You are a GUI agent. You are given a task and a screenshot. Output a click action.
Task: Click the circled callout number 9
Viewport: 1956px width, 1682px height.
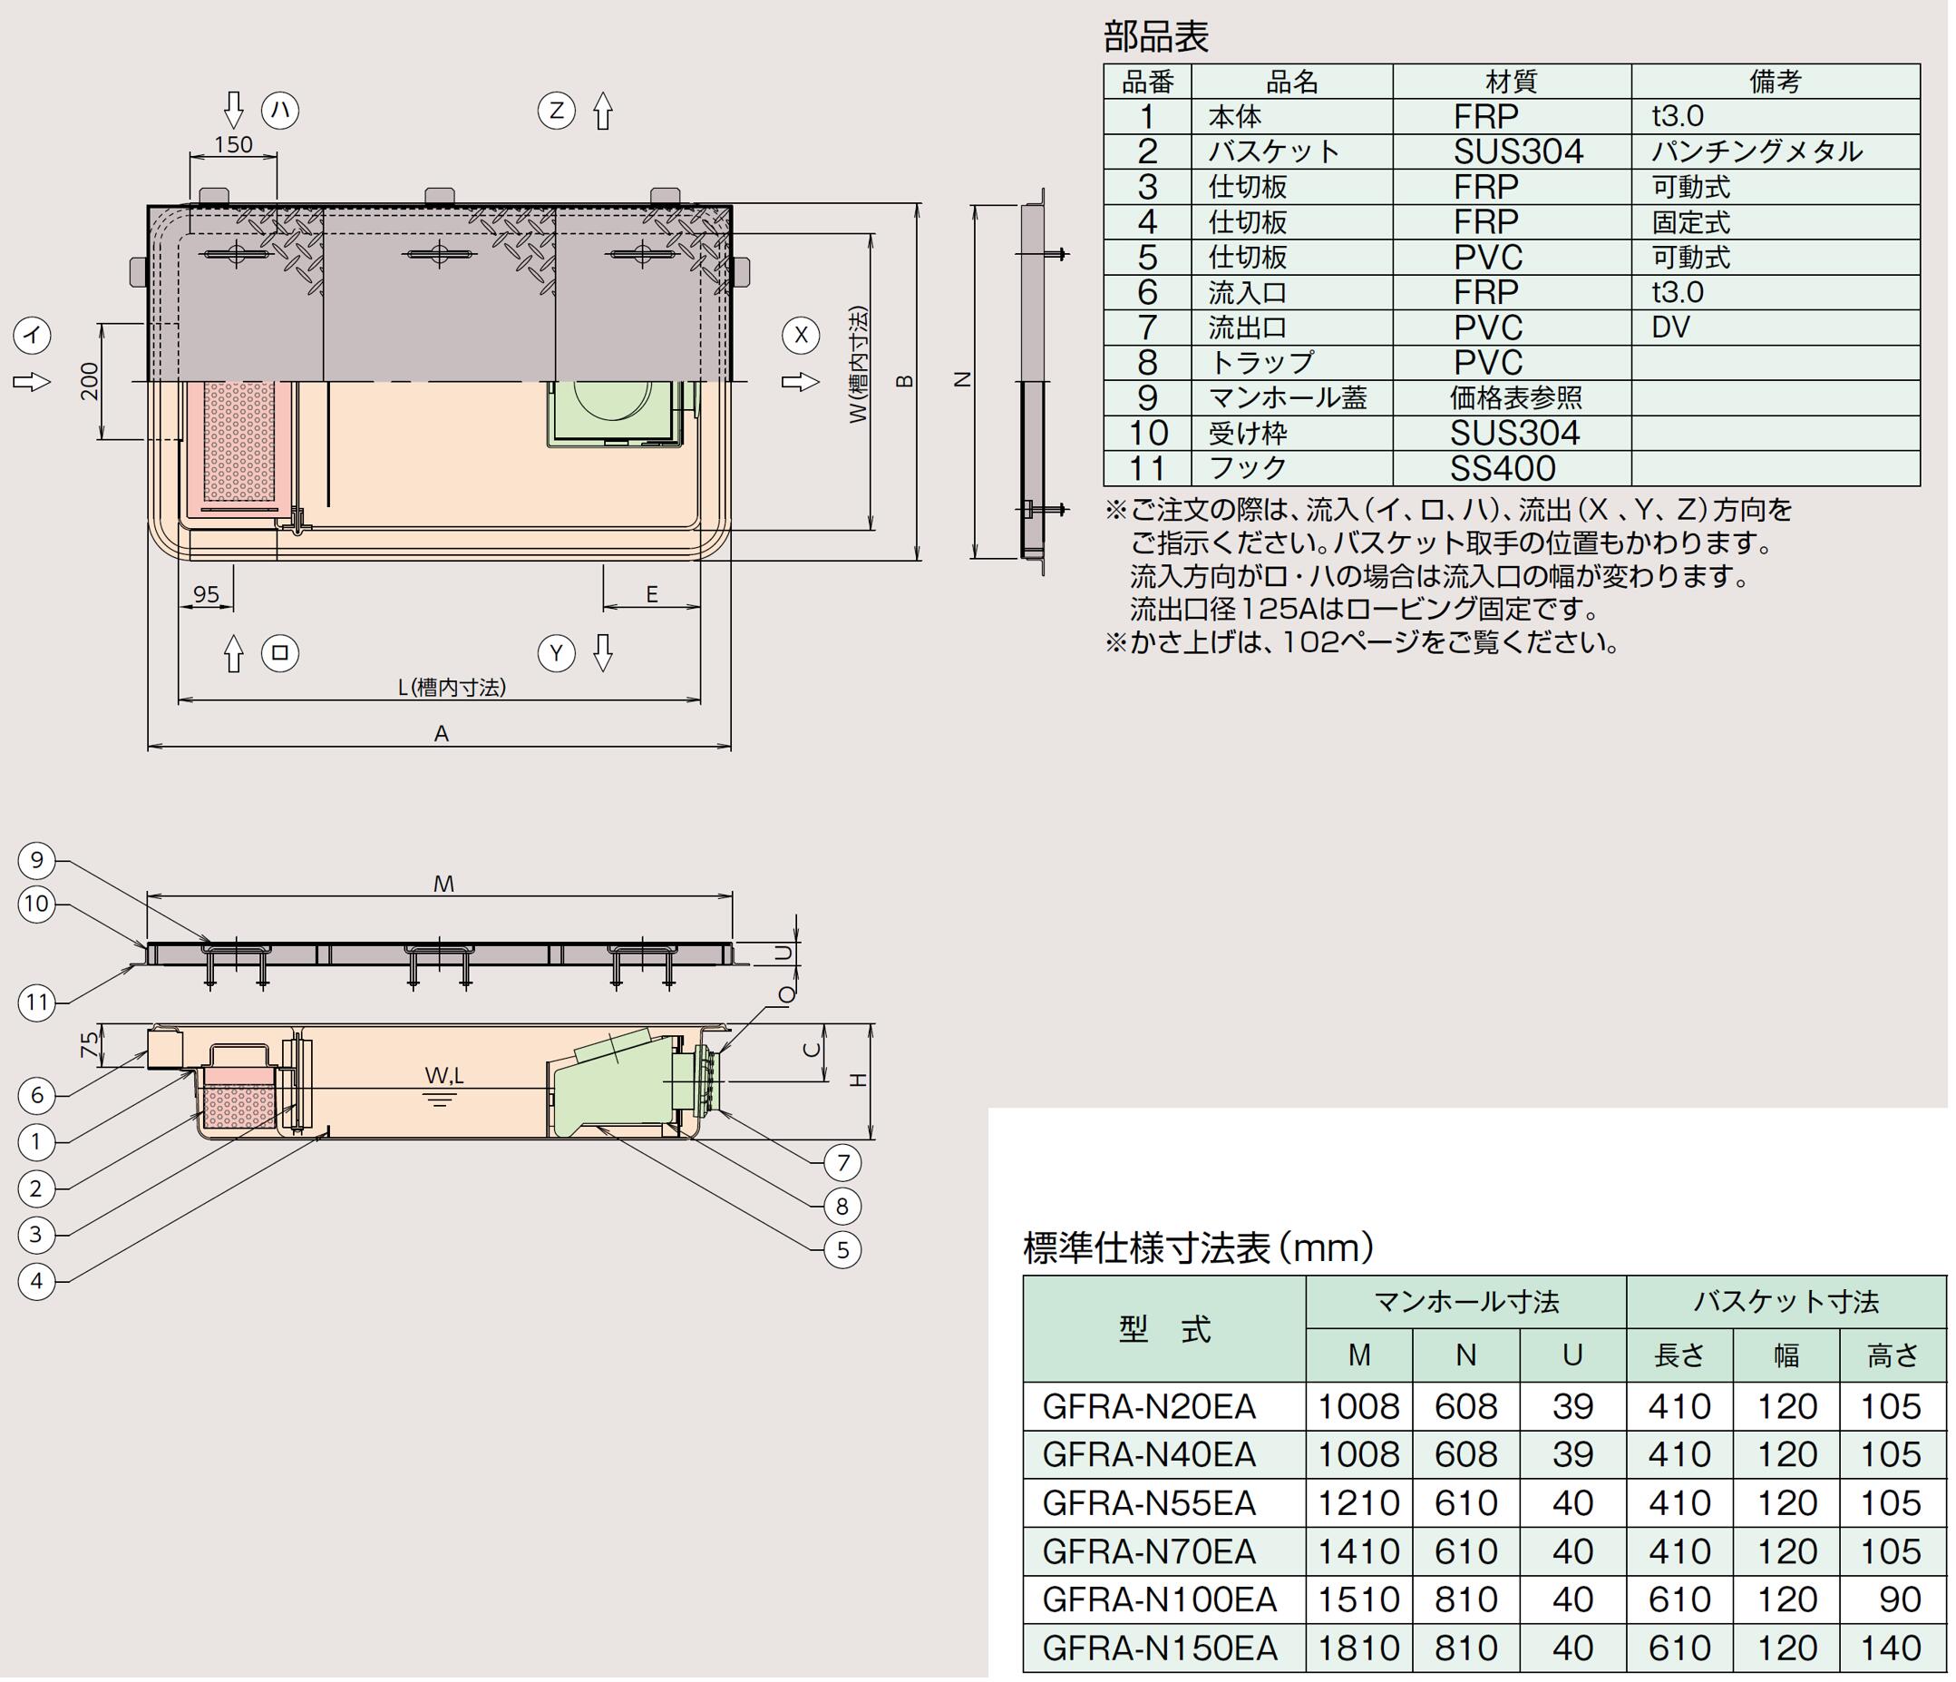37,859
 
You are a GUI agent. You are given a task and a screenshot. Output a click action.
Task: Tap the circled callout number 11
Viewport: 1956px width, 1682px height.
37,1001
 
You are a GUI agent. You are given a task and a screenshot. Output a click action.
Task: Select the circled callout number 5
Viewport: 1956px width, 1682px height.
842,1249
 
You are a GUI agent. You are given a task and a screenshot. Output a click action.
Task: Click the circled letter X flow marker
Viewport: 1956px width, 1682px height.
801,335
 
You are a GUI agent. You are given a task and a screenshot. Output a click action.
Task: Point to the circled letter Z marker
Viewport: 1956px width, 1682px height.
556,112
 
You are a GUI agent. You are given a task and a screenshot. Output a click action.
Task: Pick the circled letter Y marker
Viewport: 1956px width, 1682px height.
556,653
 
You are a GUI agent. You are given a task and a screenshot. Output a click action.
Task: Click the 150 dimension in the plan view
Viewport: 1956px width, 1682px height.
233,144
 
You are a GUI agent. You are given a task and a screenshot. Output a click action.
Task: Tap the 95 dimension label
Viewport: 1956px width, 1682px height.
206,594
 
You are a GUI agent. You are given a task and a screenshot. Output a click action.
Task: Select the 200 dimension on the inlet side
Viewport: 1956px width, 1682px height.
90,382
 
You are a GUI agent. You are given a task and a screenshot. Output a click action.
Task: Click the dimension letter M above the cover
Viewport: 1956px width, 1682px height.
443,884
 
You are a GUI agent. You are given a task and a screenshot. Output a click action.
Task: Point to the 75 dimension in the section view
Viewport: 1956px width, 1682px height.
88,1045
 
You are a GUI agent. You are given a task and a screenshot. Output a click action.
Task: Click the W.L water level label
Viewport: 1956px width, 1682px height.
443,1076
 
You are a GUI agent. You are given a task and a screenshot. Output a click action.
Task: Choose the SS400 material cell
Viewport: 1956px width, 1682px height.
1503,468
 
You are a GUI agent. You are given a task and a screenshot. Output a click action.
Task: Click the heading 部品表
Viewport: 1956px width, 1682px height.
1155,37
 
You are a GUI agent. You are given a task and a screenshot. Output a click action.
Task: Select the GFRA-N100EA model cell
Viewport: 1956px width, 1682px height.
1159,1599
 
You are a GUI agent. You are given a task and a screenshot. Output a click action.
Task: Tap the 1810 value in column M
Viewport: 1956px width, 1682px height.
1358,1648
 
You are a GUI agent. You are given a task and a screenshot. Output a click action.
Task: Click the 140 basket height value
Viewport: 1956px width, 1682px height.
1891,1648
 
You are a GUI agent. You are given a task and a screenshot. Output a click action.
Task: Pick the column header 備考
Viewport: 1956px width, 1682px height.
1775,83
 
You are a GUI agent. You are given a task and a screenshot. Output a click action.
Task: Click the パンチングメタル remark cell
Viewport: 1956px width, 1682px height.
1757,152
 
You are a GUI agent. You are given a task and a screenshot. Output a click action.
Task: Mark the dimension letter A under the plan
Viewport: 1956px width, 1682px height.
441,734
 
